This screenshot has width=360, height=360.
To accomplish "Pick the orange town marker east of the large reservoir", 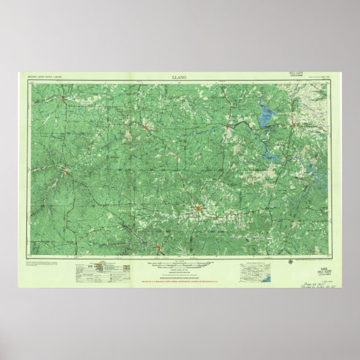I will pos(294,125).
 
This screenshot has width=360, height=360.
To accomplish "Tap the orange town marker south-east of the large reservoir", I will pos(287,157).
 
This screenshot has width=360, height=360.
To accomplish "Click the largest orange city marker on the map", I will pos(198,209).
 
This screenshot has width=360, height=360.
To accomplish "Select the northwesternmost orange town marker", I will pos(64,100).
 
